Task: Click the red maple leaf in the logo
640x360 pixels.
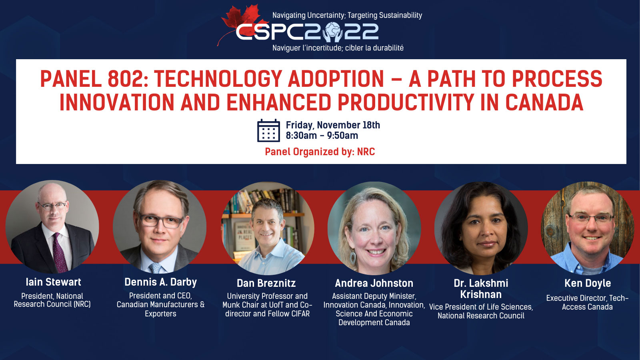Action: click(x=243, y=22)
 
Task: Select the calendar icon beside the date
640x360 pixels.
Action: click(x=268, y=130)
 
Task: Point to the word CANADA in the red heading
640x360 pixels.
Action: click(x=544, y=102)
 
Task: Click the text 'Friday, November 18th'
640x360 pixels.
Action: click(x=333, y=125)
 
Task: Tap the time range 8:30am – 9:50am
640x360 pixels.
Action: click(x=322, y=136)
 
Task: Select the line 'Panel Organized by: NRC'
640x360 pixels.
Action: click(x=320, y=152)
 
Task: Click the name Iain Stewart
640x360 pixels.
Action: click(x=54, y=282)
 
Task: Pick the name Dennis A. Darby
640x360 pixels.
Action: click(x=160, y=282)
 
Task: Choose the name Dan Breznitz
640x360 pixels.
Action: click(x=266, y=283)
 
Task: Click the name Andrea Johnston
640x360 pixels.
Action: click(x=374, y=283)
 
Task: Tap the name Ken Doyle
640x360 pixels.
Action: click(x=588, y=283)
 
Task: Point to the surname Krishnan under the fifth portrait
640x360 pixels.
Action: click(x=481, y=294)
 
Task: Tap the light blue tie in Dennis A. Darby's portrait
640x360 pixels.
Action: click(x=156, y=268)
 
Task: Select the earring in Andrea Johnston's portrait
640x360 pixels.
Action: click(x=352, y=256)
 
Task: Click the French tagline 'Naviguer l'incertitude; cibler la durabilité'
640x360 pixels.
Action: click(x=338, y=48)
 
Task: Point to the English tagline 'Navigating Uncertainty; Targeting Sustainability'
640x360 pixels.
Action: click(x=347, y=15)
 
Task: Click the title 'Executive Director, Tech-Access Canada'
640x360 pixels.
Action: click(x=587, y=302)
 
